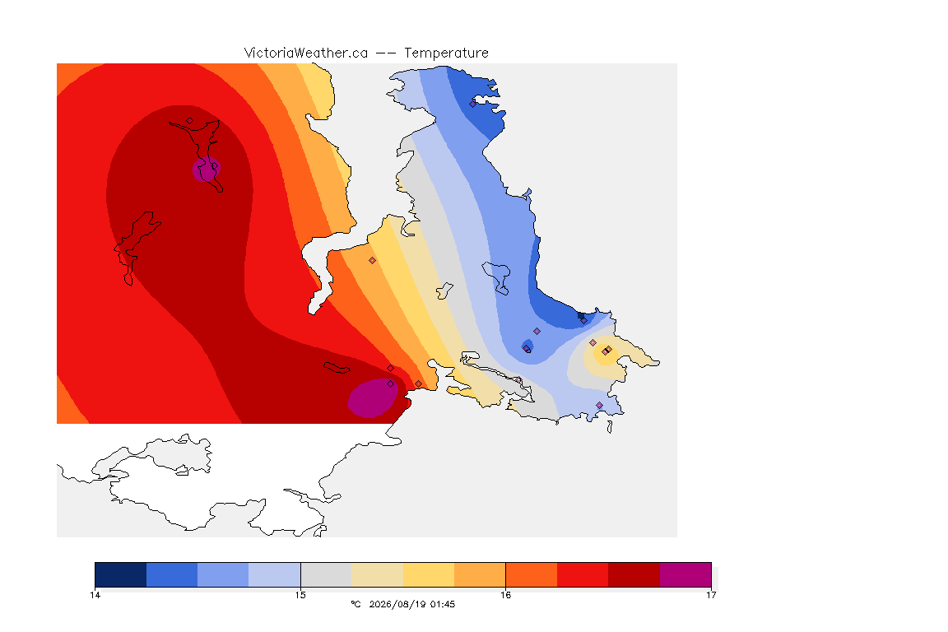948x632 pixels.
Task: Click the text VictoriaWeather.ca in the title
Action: pyautogui.click(x=306, y=53)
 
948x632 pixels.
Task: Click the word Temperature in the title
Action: pyautogui.click(x=446, y=53)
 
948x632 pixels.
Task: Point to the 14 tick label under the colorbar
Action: pyautogui.click(x=95, y=595)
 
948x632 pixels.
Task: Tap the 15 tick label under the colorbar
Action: pyautogui.click(x=300, y=595)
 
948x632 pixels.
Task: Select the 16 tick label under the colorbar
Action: pyautogui.click(x=505, y=595)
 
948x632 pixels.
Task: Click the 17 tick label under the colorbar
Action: pyautogui.click(x=711, y=595)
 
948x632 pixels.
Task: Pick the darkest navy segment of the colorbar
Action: pyautogui.click(x=121, y=574)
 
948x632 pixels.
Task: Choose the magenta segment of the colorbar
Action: pyautogui.click(x=685, y=574)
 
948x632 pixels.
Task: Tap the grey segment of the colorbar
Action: pyautogui.click(x=326, y=574)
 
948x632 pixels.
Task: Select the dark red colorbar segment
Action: pyautogui.click(x=634, y=574)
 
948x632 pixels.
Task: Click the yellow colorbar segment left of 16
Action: pyautogui.click(x=429, y=574)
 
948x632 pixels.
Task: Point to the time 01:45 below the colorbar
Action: pyautogui.click(x=443, y=604)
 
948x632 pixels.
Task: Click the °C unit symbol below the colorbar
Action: pyautogui.click(x=355, y=604)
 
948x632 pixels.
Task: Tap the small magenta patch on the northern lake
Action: pyautogui.click(x=207, y=170)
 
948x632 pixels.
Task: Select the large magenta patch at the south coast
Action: pyautogui.click(x=373, y=398)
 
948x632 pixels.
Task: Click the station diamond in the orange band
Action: pyautogui.click(x=373, y=261)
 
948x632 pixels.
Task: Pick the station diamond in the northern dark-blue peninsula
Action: pyautogui.click(x=473, y=104)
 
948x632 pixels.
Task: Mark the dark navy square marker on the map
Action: pyautogui.click(x=581, y=316)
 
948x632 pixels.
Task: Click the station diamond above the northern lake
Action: pyautogui.click(x=190, y=121)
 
